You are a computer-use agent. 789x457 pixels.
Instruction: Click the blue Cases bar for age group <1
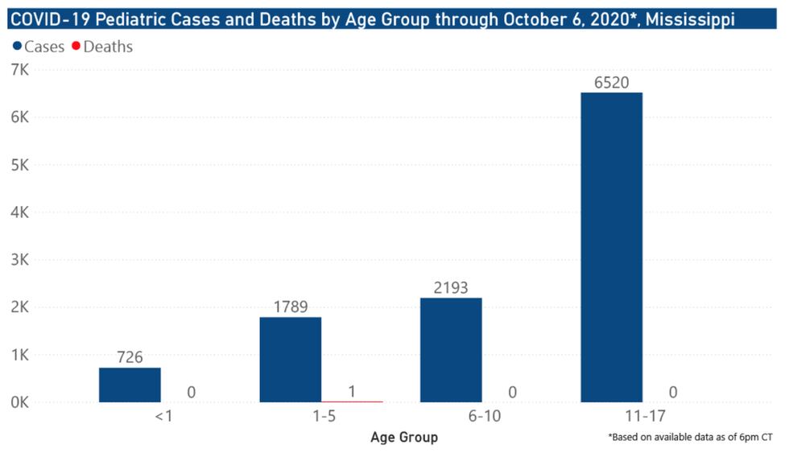[130, 385]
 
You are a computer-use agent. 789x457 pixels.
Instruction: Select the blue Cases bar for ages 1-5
[290, 359]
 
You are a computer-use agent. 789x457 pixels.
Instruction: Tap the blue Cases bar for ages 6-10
[451, 349]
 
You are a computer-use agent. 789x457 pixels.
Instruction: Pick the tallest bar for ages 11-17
[611, 247]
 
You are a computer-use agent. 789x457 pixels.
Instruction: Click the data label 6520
[611, 82]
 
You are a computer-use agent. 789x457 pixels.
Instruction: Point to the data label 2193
[451, 287]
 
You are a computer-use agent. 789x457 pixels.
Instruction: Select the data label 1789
[290, 307]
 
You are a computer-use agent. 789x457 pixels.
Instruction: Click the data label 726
[130, 357]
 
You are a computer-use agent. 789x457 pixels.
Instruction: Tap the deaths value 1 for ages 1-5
[352, 392]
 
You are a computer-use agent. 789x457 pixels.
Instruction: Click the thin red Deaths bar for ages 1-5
[352, 401]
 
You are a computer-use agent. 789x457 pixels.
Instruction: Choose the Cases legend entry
[39, 47]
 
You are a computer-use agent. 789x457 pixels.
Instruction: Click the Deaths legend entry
[102, 47]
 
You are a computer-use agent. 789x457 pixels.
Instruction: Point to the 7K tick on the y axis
[19, 71]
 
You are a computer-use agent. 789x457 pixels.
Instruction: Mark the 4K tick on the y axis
[19, 212]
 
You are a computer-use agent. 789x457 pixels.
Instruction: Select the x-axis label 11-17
[611, 418]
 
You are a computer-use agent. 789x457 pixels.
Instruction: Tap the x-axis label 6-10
[451, 418]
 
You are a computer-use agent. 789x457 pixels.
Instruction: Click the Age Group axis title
[403, 438]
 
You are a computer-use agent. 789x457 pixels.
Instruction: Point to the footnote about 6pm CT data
[690, 437]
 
